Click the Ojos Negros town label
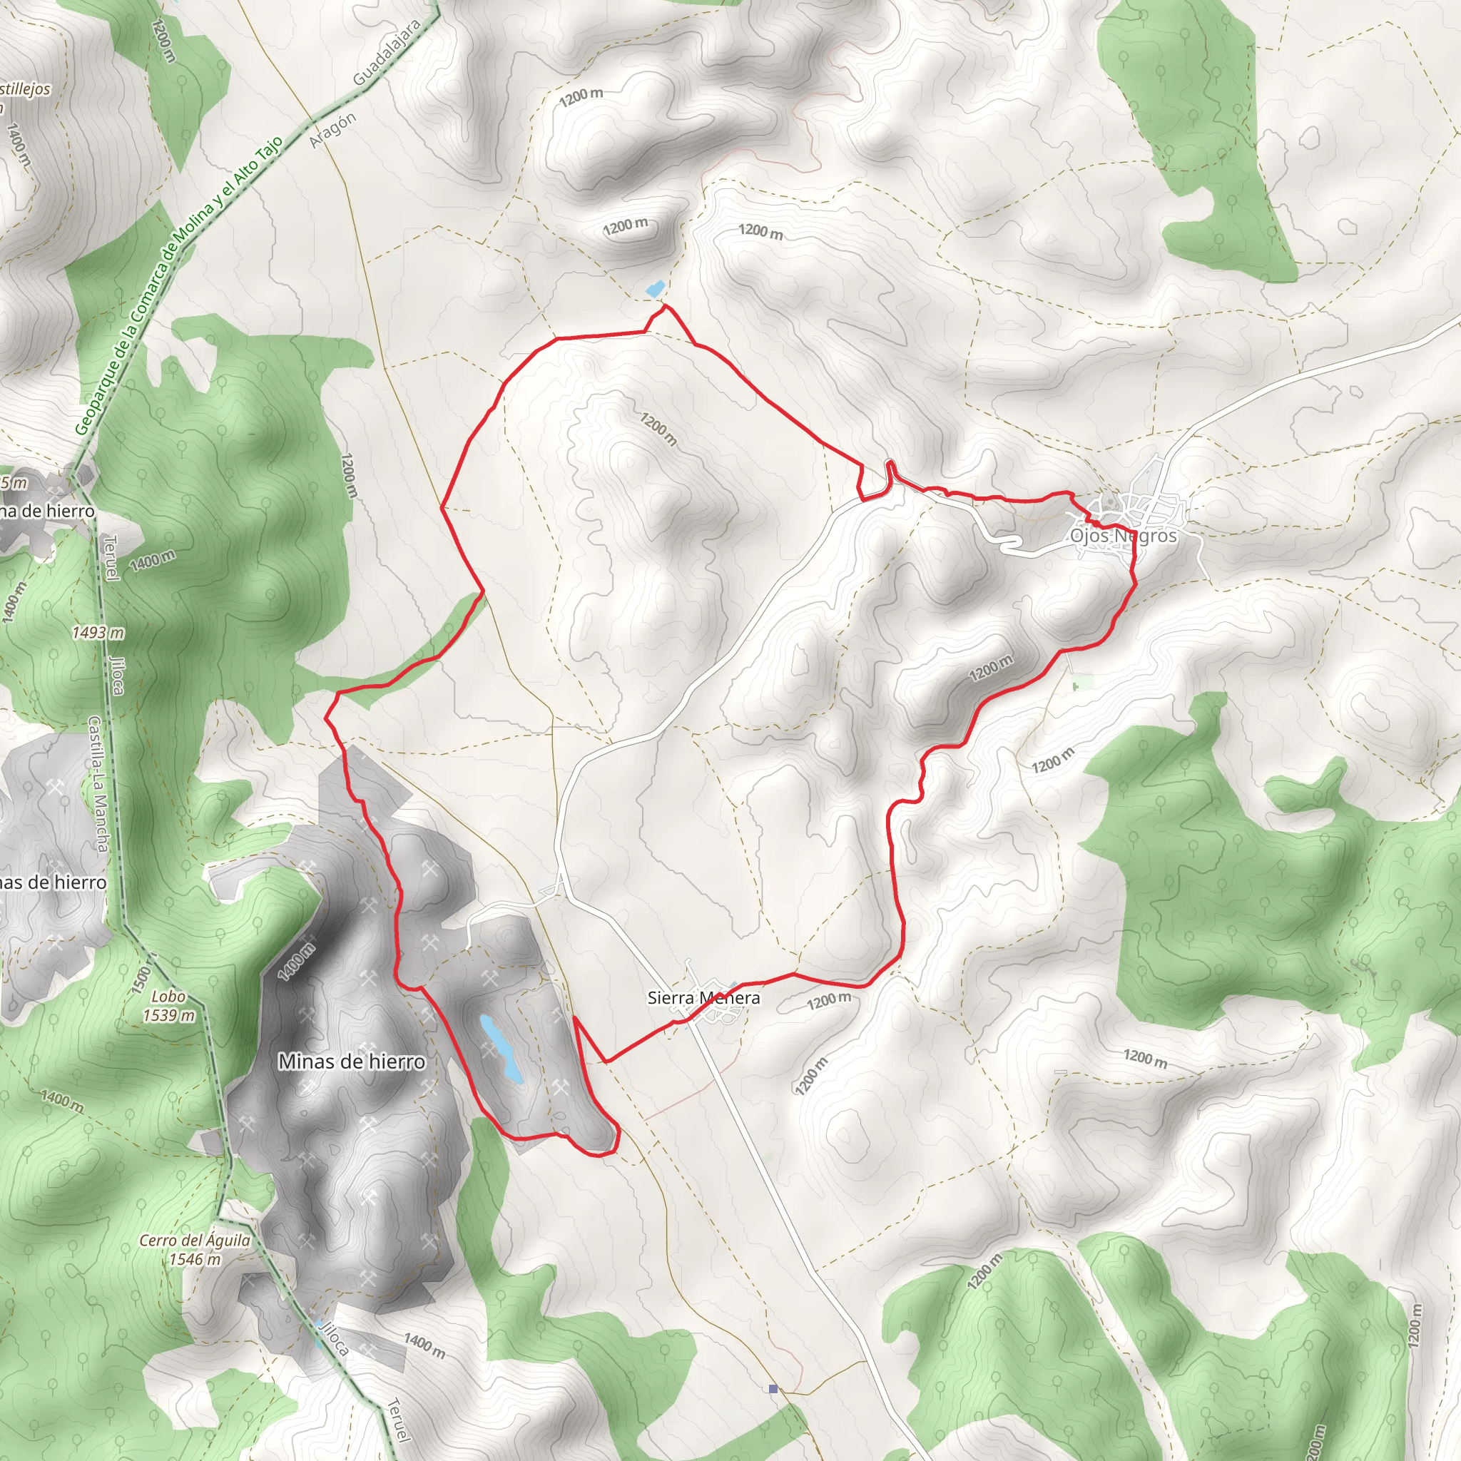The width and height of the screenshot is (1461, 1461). (1123, 536)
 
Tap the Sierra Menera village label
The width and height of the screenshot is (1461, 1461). (703, 997)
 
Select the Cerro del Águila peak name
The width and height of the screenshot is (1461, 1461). (194, 1240)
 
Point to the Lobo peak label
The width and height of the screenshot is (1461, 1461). (168, 997)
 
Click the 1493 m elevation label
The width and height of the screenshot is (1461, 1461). (98, 632)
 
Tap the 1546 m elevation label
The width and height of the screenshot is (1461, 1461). (194, 1259)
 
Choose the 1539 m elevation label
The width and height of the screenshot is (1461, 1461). (168, 1016)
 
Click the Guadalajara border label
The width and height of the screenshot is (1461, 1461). (387, 52)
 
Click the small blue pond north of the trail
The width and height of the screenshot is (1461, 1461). (655, 288)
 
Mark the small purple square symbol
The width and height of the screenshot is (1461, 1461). (773, 1389)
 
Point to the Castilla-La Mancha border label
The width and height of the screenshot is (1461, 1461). (99, 784)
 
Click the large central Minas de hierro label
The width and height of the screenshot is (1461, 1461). (352, 1062)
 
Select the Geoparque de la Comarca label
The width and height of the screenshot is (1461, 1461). (178, 286)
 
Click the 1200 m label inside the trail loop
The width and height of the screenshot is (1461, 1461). (658, 429)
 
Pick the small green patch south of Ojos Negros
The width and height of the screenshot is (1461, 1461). (1083, 683)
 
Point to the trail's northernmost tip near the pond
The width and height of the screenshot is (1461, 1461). (665, 306)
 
